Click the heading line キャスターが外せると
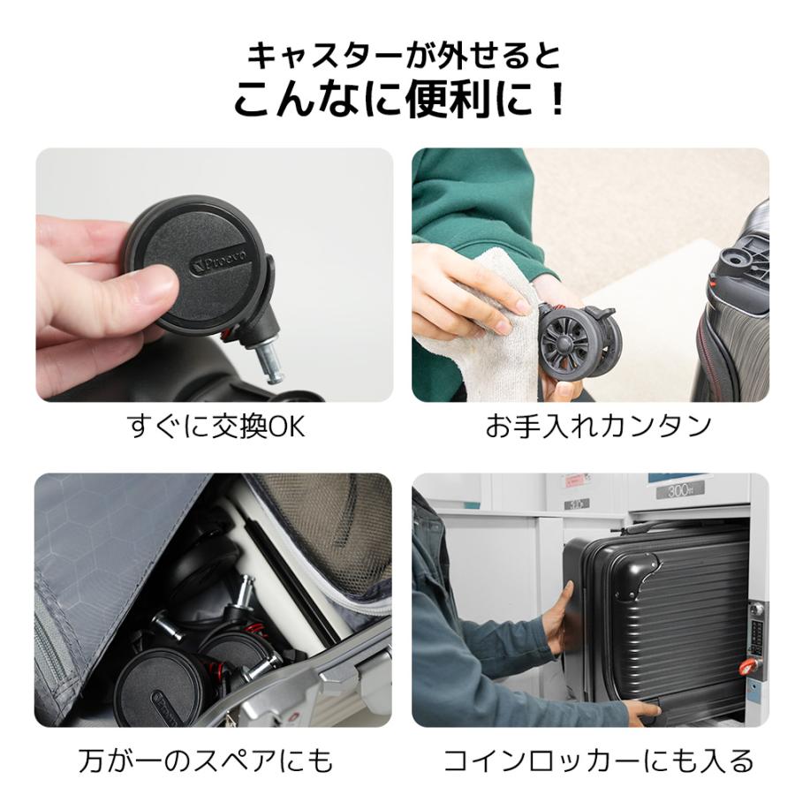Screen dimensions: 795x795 403,56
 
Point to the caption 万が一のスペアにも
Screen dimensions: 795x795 206,760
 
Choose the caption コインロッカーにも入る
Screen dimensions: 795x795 598,760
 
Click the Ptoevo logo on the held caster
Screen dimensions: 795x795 220,261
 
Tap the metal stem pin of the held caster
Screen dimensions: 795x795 270,363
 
